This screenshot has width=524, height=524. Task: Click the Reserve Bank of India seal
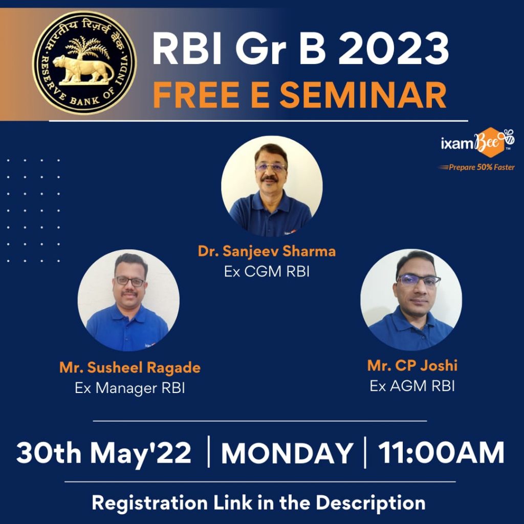(84, 62)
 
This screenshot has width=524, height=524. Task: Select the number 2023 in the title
(394, 49)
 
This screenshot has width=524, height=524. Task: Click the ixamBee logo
(477, 143)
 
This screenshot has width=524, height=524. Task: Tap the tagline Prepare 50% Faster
(477, 167)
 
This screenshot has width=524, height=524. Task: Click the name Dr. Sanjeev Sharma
(267, 251)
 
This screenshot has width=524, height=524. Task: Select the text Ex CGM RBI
(267, 271)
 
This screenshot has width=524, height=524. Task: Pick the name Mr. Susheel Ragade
(130, 367)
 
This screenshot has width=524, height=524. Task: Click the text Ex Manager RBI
(129, 388)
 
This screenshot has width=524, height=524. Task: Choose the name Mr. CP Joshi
(412, 365)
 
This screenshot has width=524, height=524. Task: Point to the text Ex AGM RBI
(412, 386)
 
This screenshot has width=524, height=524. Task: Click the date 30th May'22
(103, 453)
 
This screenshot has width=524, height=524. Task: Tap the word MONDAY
(287, 453)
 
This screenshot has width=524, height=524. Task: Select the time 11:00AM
(441, 453)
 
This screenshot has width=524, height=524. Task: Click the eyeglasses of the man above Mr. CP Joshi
(419, 280)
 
